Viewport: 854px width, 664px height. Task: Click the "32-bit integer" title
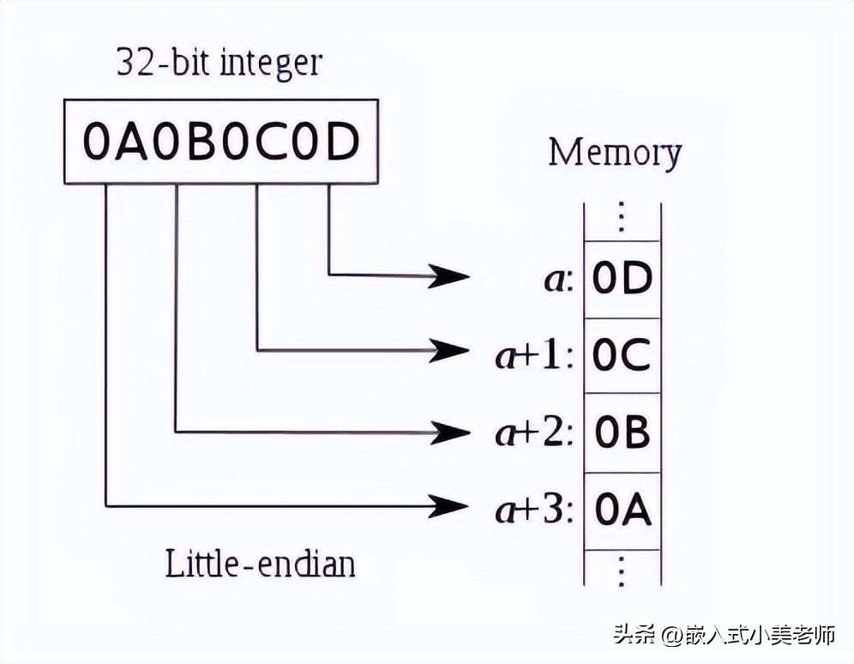pos(220,64)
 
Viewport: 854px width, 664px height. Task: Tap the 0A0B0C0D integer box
pos(220,142)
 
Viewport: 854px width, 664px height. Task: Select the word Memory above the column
pos(615,154)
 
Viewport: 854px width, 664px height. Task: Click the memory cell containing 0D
pos(622,280)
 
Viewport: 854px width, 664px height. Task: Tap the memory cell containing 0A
pos(622,511)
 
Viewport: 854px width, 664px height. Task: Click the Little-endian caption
pos(260,564)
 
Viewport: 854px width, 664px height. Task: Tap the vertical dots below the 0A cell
pos(622,570)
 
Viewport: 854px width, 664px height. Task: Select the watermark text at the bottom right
pos(724,636)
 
